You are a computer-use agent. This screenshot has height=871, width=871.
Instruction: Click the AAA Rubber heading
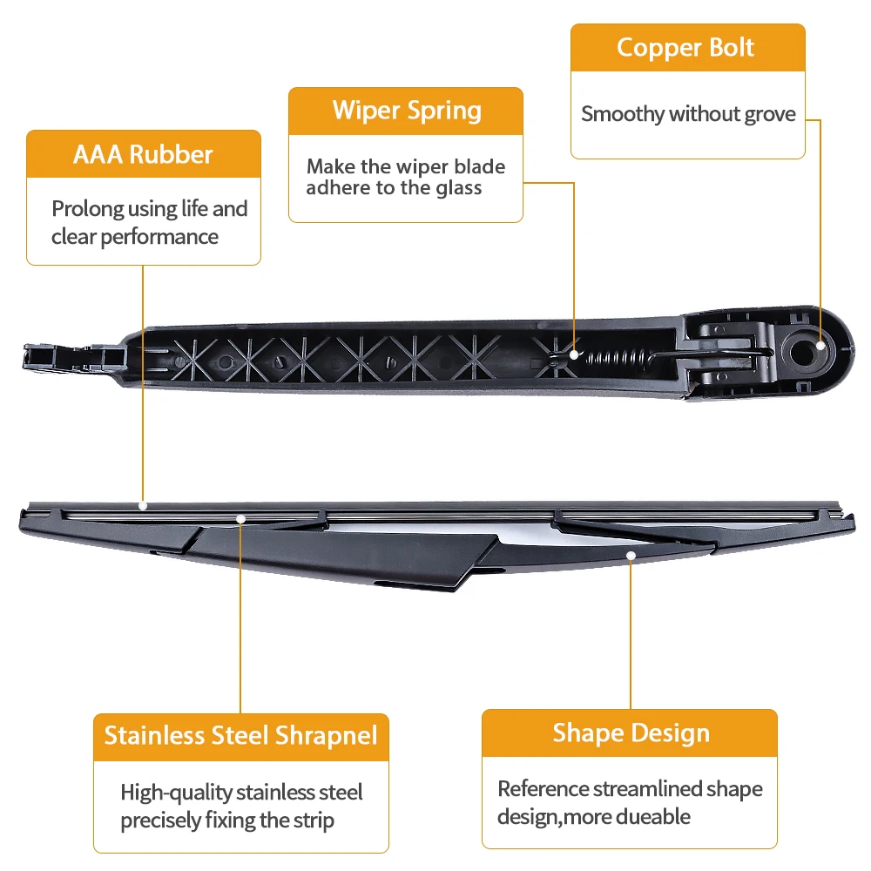point(143,154)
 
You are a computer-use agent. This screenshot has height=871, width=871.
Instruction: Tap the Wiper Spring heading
point(407,111)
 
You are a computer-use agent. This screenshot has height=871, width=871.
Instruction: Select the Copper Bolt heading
point(685,47)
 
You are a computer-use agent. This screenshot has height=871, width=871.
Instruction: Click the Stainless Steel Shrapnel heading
point(241,735)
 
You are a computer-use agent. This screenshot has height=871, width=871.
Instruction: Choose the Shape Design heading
point(631,733)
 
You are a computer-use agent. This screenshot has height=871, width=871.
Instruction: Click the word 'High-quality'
point(177,793)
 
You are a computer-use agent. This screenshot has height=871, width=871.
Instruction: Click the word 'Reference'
point(544,789)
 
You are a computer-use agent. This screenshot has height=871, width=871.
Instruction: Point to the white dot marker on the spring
point(575,354)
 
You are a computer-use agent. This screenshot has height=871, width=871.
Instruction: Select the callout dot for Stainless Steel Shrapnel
point(241,519)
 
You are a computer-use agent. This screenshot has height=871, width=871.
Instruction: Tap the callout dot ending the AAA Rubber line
point(143,504)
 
